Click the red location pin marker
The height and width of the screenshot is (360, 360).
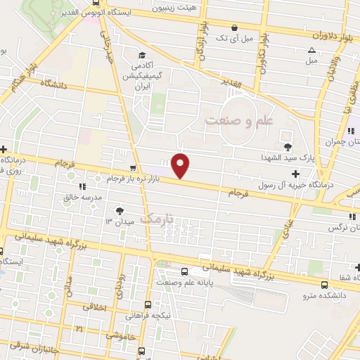181,165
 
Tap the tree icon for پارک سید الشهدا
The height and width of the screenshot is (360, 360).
287,146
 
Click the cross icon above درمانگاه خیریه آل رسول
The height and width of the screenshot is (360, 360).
295,173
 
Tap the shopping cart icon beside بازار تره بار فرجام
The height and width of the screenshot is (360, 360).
133,168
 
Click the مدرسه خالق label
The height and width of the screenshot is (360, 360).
84,198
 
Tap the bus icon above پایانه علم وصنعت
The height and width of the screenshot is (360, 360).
184,271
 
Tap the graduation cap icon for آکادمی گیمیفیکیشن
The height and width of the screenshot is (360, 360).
141,56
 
